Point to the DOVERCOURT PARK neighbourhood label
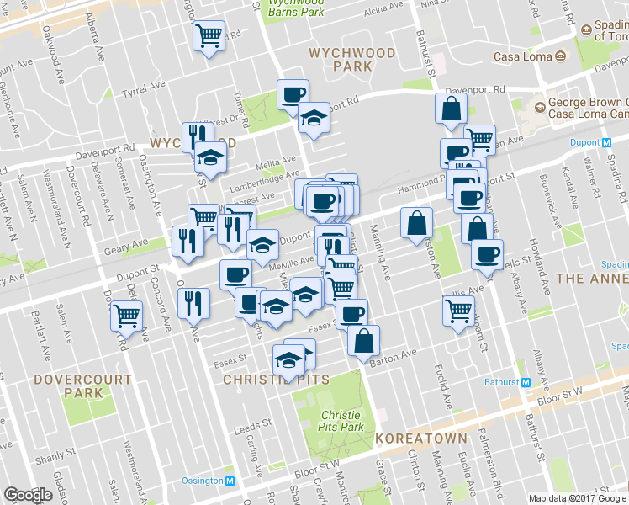pyautogui.click(x=82, y=386)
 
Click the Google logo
pyautogui.click(x=28, y=495)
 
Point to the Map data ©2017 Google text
pyautogui.click(x=577, y=498)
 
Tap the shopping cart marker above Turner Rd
pyautogui.click(x=209, y=37)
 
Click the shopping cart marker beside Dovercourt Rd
pyautogui.click(x=126, y=316)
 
